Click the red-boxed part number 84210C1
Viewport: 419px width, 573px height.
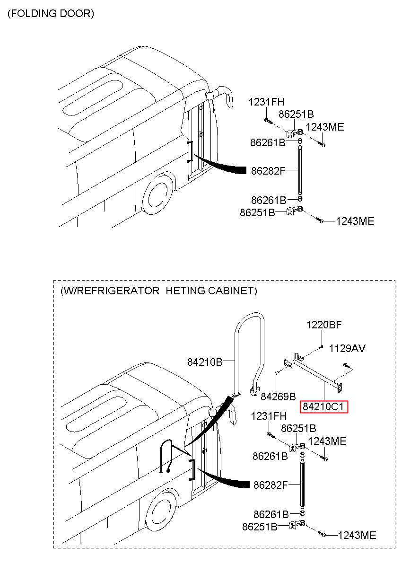pos(323,407)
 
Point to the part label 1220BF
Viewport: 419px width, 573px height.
pos(323,325)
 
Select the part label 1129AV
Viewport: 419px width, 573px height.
pos(347,348)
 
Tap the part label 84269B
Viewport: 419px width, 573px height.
pos(278,397)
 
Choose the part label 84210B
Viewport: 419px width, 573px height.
pos(205,362)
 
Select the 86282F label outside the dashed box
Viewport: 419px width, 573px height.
pos(268,171)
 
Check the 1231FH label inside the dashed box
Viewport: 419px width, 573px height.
pos(269,416)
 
